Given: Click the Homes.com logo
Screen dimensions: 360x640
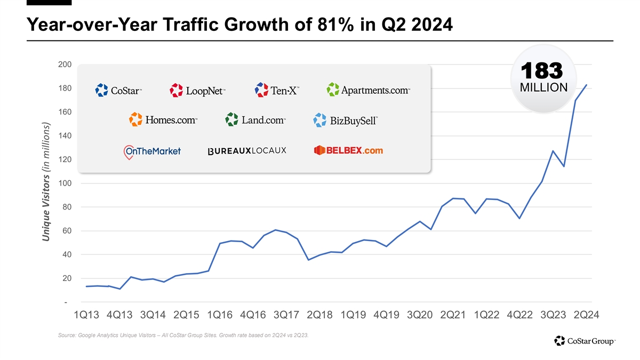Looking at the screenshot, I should click(163, 119).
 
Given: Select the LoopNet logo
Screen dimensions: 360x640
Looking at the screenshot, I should click(198, 90).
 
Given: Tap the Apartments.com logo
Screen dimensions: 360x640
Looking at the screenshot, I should click(369, 90).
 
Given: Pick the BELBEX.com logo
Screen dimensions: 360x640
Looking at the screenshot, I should click(348, 150).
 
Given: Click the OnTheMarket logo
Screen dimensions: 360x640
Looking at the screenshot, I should click(152, 151).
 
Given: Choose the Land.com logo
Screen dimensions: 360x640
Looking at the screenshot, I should click(255, 119).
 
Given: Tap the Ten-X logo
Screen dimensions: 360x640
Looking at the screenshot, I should click(277, 90).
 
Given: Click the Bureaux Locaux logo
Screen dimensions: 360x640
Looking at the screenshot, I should click(247, 151).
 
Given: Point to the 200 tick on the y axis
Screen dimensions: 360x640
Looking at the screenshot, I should click(65, 65).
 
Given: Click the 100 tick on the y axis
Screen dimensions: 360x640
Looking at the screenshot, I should click(65, 183).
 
